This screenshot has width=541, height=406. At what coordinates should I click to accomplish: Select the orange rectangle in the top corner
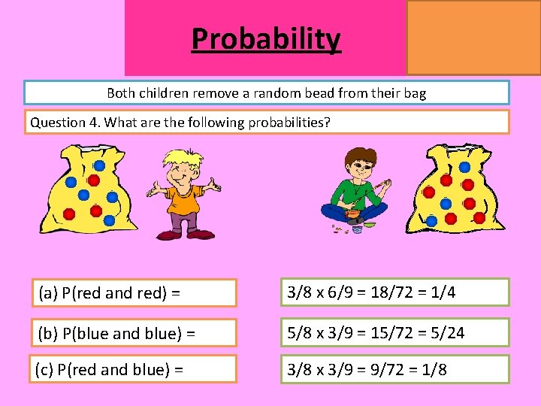coord(473,37)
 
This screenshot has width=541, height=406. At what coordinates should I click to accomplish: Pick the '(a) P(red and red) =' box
coord(133,293)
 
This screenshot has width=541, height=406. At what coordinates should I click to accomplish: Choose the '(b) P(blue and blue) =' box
coord(133,332)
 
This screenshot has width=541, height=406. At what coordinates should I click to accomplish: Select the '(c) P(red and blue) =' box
coord(133,369)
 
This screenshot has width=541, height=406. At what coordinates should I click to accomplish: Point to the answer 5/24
coord(449,332)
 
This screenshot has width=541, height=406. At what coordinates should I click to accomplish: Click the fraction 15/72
coord(386,332)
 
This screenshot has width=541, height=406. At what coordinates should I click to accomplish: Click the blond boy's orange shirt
coord(183,200)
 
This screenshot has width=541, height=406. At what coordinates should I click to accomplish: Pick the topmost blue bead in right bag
coord(464,167)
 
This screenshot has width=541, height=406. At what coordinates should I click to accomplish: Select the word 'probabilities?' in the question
coord(289,122)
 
